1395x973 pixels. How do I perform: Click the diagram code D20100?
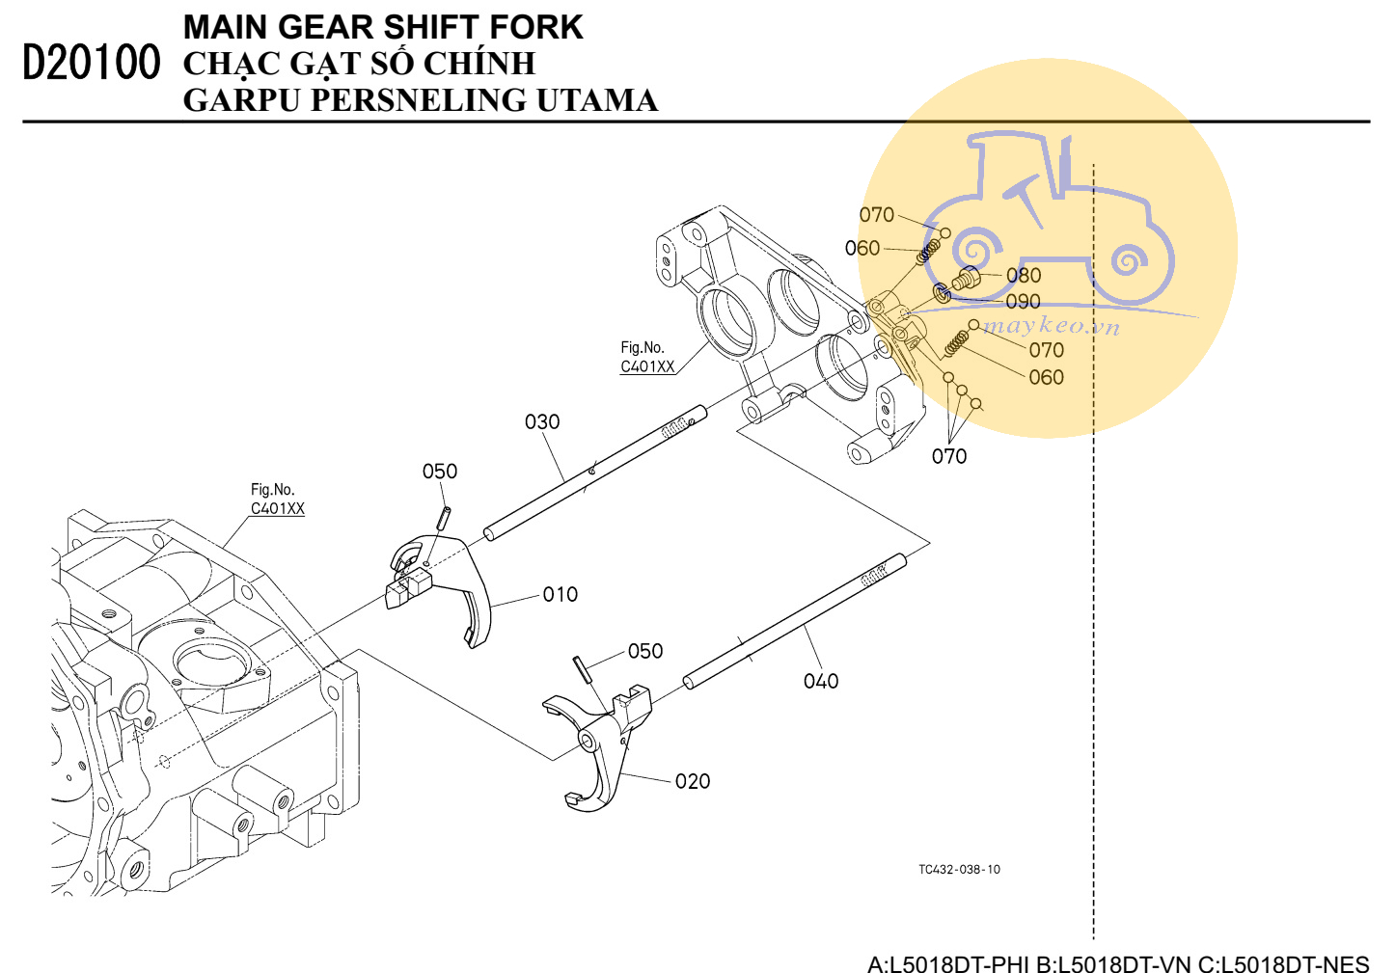[92, 63]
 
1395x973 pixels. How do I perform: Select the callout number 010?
[560, 595]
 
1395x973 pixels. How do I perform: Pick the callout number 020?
[693, 781]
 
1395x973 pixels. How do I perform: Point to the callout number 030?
[542, 422]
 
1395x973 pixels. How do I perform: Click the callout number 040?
[821, 681]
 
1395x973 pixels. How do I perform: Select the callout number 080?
[1024, 275]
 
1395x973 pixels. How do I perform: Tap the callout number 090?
[1024, 301]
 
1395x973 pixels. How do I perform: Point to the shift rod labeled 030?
[594, 473]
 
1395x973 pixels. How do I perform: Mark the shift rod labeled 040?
[795, 621]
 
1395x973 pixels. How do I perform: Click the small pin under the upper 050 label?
[444, 519]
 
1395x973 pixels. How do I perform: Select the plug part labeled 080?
[966, 279]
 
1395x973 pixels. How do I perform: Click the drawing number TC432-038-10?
[959, 870]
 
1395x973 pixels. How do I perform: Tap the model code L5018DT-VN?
[1114, 963]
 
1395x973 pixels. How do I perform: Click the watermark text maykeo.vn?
[1052, 326]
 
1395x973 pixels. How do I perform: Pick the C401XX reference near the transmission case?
[277, 508]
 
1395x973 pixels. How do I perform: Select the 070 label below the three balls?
[949, 456]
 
